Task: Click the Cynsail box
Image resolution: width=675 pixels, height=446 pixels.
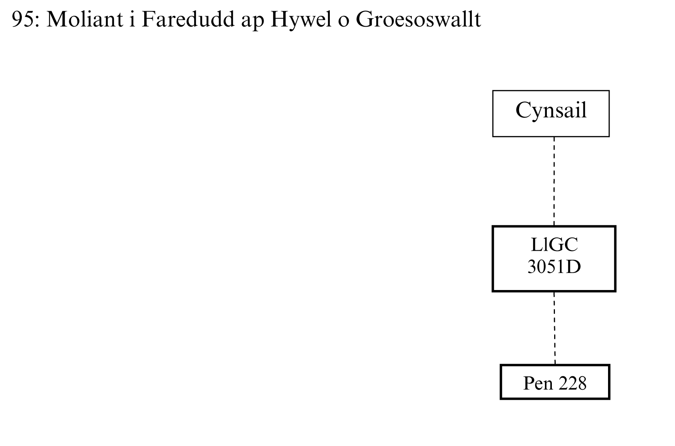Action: [x=551, y=114]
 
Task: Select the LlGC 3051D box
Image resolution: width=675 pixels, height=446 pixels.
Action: [x=554, y=258]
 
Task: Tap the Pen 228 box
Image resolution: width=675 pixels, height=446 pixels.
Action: [x=555, y=382]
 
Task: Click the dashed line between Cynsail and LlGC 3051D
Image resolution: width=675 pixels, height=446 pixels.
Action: [x=554, y=181]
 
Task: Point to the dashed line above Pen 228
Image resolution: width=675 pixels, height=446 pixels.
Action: [x=555, y=328]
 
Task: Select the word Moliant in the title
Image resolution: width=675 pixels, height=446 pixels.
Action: [x=85, y=19]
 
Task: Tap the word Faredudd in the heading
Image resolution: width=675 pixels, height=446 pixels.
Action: [x=188, y=19]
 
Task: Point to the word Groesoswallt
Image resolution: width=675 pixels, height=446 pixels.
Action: [x=418, y=19]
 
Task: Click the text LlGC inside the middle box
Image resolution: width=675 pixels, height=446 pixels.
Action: [x=554, y=245]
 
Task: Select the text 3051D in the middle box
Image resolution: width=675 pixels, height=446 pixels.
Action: [x=554, y=267]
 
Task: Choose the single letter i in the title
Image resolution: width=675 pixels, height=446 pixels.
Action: [x=132, y=19]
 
